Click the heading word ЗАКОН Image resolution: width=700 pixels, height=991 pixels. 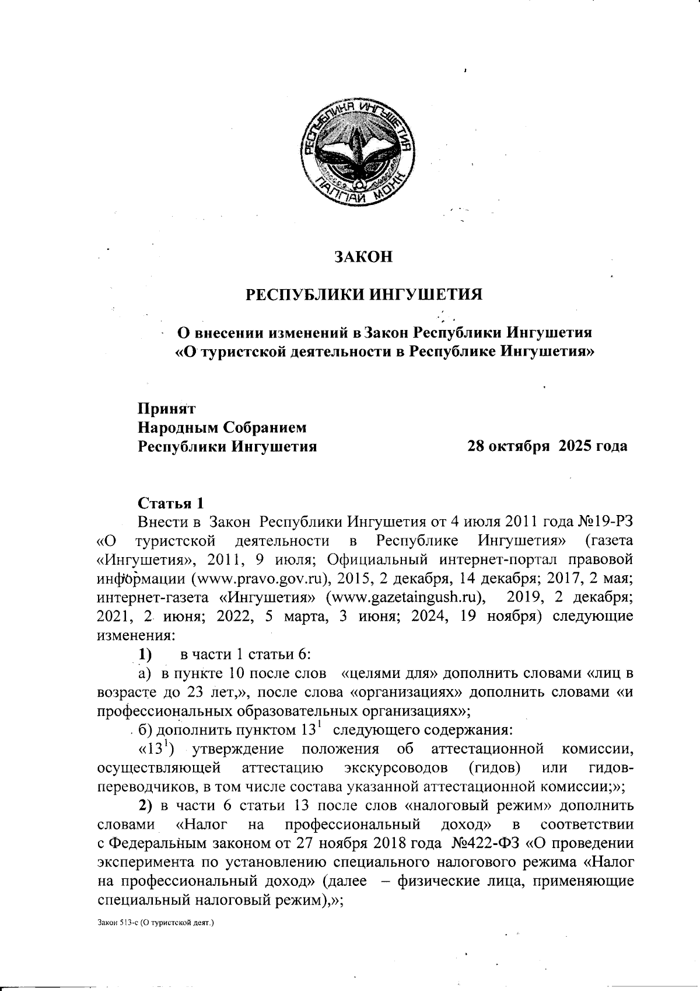coord(363,256)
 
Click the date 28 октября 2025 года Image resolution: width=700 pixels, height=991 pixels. coord(548,446)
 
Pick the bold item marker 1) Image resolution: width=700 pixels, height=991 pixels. coord(146,654)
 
